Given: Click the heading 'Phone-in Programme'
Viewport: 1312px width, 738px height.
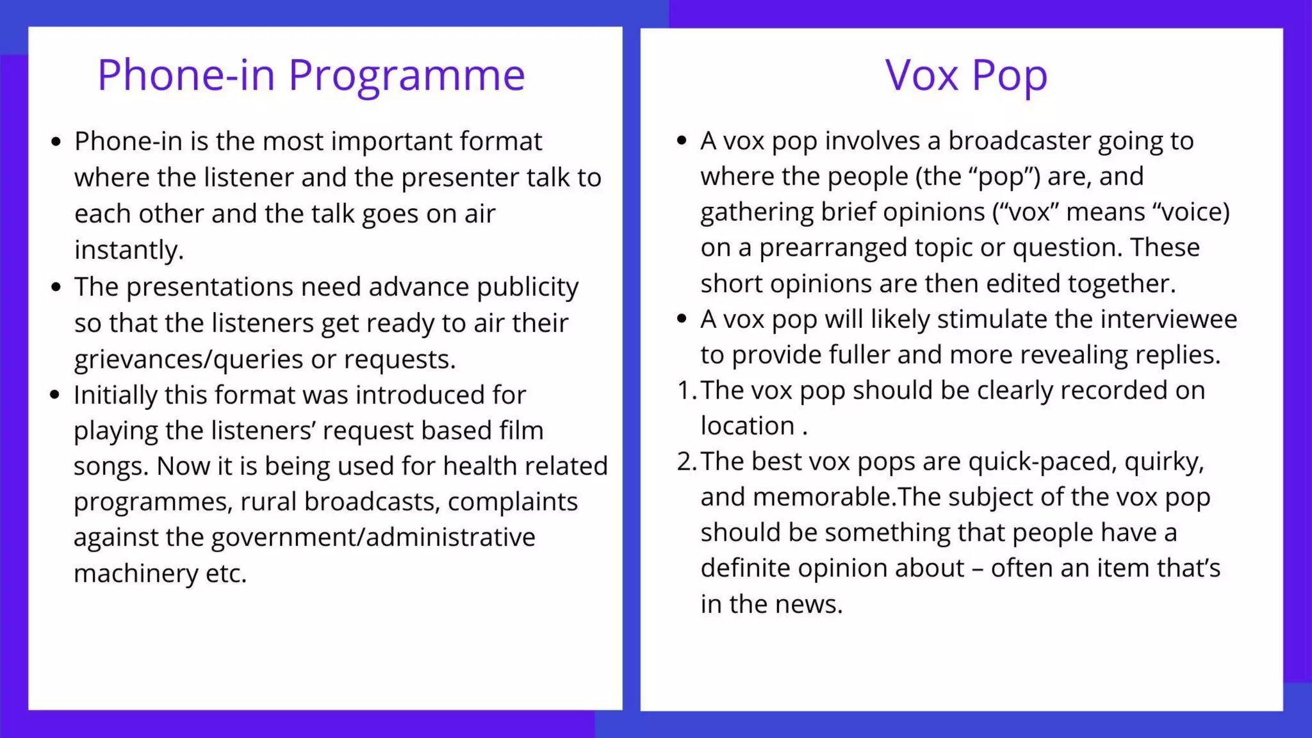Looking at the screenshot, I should [x=311, y=76].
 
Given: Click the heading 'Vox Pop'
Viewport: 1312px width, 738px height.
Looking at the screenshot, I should [x=966, y=76].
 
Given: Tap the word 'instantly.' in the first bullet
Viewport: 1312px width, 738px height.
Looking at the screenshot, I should [x=129, y=250].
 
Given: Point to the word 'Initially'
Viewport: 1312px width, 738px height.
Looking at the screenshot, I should [x=115, y=395].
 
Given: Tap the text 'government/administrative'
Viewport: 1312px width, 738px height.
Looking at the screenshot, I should [x=373, y=537].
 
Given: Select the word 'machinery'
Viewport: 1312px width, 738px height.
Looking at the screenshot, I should [x=135, y=573].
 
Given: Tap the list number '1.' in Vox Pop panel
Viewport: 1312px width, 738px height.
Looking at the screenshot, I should [x=686, y=390].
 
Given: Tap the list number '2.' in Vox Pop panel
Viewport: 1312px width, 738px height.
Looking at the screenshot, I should [x=686, y=461].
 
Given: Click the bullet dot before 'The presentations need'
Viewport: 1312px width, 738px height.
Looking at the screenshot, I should [x=56, y=287].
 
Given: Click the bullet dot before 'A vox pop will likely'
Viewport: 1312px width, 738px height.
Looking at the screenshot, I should [x=682, y=318].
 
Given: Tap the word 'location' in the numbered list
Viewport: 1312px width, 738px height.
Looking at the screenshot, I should [x=747, y=426].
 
